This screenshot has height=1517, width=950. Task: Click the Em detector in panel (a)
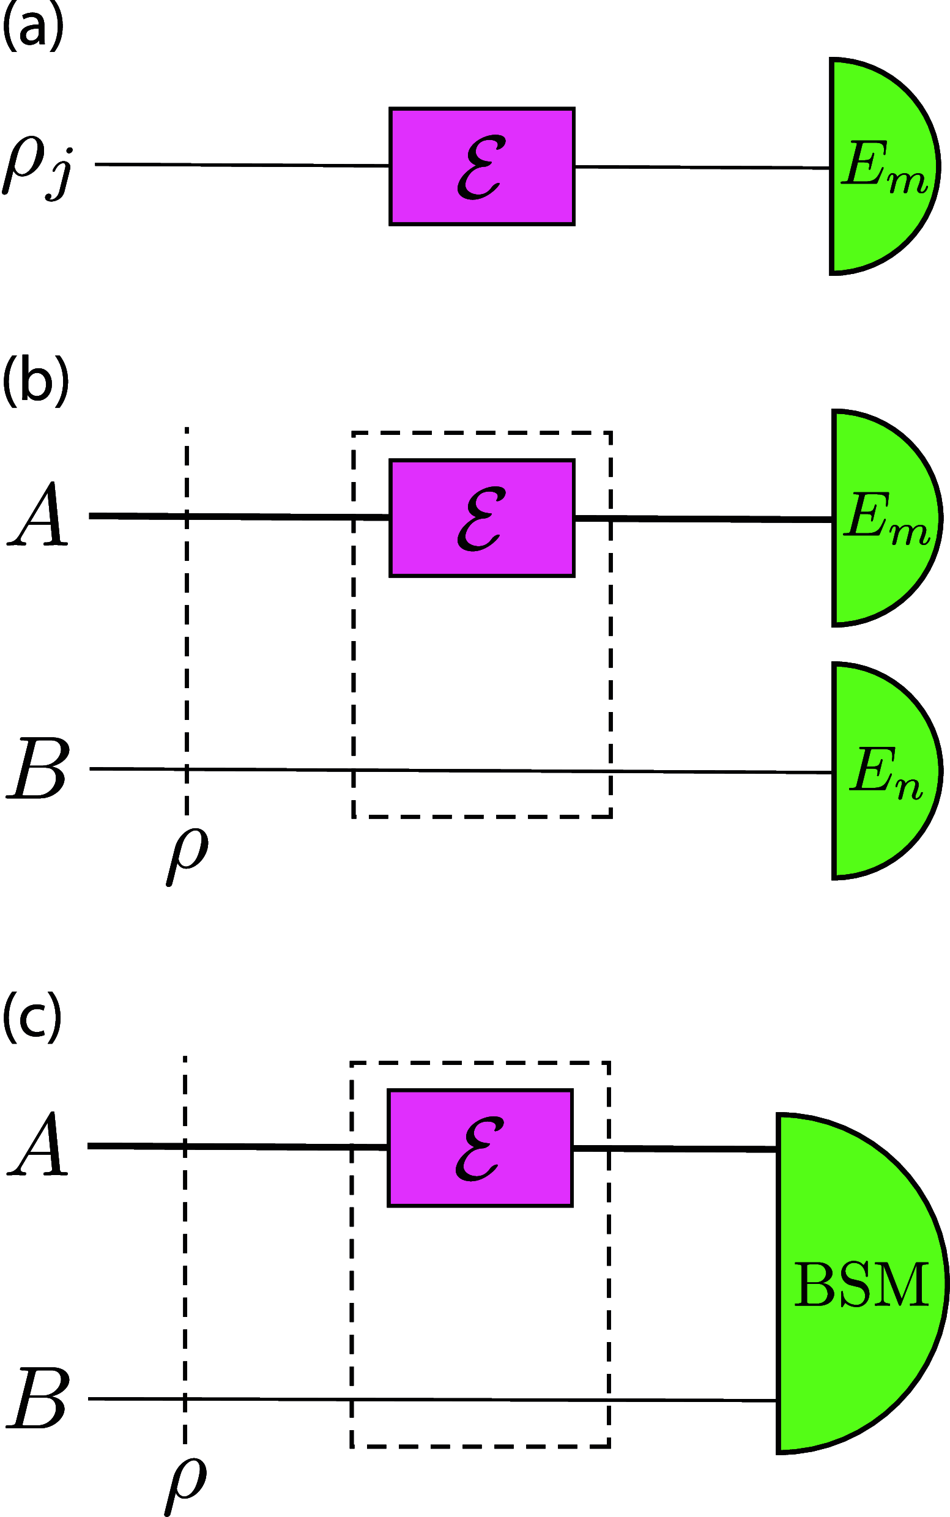coord(880,166)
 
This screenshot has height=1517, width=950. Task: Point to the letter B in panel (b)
coord(38,770)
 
